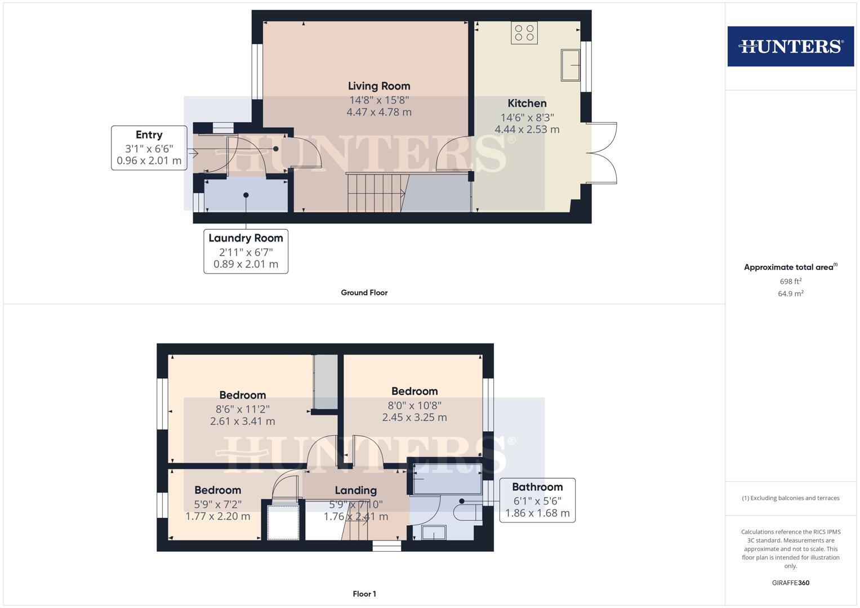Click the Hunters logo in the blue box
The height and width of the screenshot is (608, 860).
791,46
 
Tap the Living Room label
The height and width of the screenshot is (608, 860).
379,86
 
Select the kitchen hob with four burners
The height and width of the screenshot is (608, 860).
524,33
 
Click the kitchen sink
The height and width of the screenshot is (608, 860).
570,65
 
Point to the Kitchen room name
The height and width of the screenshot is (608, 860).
527,103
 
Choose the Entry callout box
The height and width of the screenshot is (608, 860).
149,147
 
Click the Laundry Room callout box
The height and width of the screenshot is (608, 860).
246,252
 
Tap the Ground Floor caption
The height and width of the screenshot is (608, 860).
364,293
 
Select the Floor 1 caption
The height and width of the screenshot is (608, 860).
364,594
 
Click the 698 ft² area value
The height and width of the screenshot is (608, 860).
791,281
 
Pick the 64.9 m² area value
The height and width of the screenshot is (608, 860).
791,293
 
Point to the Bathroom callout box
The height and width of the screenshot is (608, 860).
537,500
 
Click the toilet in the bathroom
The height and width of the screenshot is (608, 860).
467,512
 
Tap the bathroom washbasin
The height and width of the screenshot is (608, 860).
434,533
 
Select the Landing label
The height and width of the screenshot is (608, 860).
355,490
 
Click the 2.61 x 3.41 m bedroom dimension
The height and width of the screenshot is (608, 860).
242,421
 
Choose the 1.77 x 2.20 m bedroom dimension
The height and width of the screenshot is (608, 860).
218,516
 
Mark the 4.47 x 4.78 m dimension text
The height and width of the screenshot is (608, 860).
379,112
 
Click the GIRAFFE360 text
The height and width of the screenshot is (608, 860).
791,583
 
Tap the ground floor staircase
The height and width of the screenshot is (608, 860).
376,193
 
